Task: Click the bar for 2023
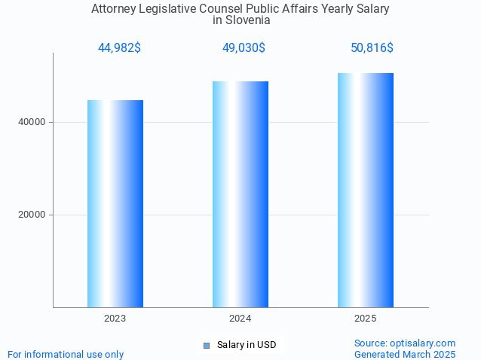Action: click(x=115, y=203)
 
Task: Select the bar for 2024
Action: click(x=240, y=194)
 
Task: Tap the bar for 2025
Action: click(x=366, y=190)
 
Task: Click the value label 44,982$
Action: click(x=119, y=48)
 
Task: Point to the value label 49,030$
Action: click(x=244, y=48)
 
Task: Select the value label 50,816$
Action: click(x=372, y=48)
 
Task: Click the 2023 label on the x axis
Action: click(x=115, y=319)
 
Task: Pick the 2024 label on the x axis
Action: click(x=240, y=319)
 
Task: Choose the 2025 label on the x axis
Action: click(x=366, y=319)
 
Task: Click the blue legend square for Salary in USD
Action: click(x=206, y=346)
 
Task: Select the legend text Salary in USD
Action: click(x=247, y=345)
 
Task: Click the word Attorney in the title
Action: click(x=114, y=9)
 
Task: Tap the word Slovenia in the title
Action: click(x=248, y=20)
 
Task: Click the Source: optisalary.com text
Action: click(x=405, y=343)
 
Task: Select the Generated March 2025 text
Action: click(x=405, y=354)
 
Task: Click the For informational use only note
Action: click(x=66, y=354)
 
